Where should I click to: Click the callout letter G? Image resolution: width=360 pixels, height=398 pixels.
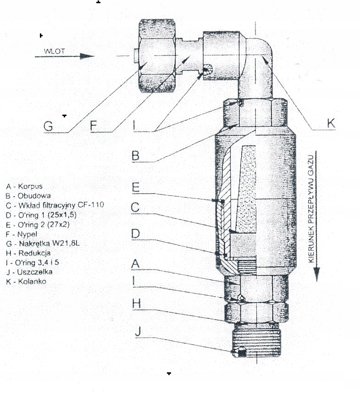click(x=48, y=126)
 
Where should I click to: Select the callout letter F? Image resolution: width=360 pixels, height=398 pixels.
click(x=94, y=126)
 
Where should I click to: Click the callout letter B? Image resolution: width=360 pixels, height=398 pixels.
click(x=135, y=156)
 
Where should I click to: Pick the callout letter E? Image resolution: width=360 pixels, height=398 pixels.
click(x=136, y=187)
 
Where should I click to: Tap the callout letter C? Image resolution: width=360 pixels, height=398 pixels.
click(x=135, y=208)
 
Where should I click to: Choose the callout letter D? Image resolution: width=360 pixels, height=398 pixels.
click(x=135, y=234)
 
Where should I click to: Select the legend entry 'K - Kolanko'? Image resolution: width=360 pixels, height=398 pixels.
click(x=27, y=282)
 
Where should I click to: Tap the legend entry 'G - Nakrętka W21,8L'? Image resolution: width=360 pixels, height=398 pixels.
click(x=39, y=243)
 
